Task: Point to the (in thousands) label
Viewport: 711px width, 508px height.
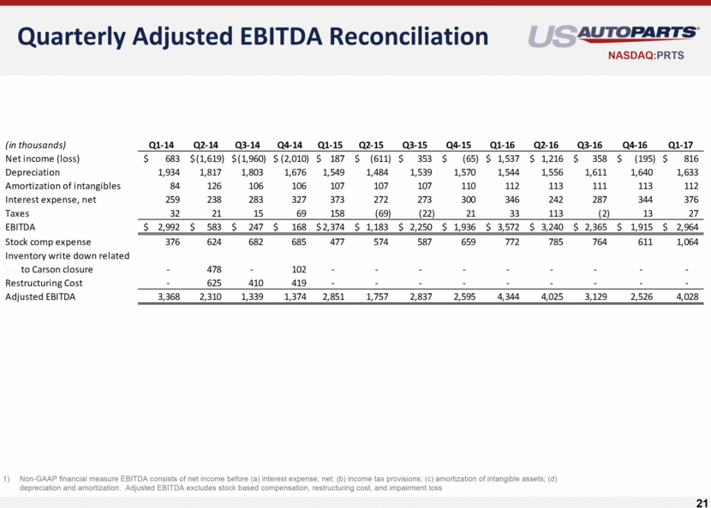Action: pos(36,144)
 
